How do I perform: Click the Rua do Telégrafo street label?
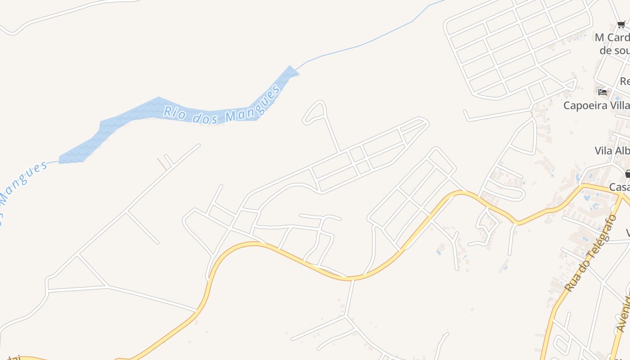point(590,253)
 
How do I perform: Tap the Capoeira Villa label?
point(596,105)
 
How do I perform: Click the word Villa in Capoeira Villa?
point(618,105)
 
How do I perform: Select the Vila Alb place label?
point(612,151)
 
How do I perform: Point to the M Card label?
point(612,38)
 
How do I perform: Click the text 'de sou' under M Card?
point(614,50)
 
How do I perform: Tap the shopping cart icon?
point(621,25)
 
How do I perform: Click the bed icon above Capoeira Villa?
point(603,92)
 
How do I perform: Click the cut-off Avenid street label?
point(623,313)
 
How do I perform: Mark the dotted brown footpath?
point(162,164)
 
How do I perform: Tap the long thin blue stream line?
point(360,45)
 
